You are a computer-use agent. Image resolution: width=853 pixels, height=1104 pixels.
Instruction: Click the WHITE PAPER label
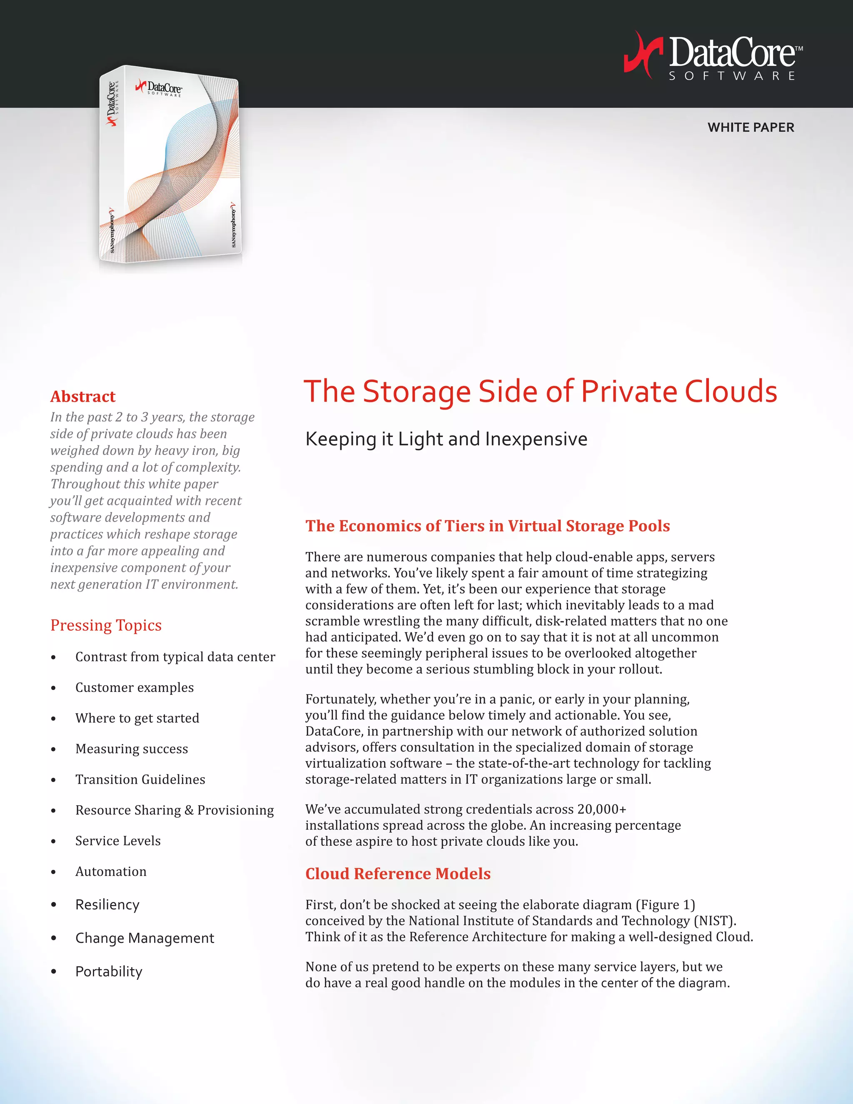pyautogui.click(x=751, y=127)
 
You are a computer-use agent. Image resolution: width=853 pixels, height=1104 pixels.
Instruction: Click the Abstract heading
pyautogui.click(x=83, y=396)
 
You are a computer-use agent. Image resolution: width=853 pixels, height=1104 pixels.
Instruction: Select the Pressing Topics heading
pyautogui.click(x=106, y=625)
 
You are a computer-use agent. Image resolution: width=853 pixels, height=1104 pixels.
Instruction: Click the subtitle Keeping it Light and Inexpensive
pyautogui.click(x=446, y=439)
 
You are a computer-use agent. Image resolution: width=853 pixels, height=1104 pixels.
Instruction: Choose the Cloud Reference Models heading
pyautogui.click(x=398, y=874)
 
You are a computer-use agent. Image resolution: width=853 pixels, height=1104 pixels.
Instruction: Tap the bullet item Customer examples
pyautogui.click(x=135, y=687)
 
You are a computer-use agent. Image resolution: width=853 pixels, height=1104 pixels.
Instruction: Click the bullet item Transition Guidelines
pyautogui.click(x=140, y=779)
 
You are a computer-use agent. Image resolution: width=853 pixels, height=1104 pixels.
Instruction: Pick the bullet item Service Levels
pyautogui.click(x=118, y=841)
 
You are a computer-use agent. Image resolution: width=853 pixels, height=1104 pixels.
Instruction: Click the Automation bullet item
pyautogui.click(x=111, y=872)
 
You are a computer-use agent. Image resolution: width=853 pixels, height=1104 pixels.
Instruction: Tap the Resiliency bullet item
pyautogui.click(x=107, y=904)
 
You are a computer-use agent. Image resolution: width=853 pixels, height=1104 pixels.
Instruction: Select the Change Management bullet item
pyautogui.click(x=145, y=938)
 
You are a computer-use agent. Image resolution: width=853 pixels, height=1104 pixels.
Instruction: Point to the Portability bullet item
pyautogui.click(x=109, y=972)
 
